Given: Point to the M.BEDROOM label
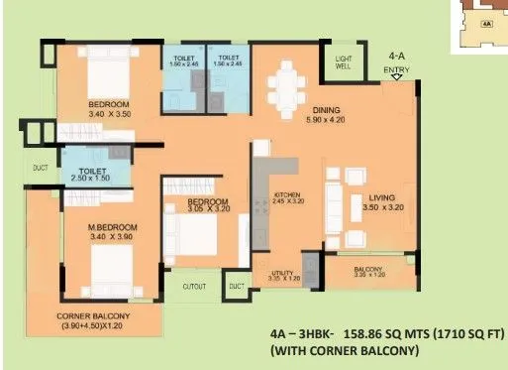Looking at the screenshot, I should pyautogui.click(x=112, y=227).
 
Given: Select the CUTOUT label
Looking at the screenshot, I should pyautogui.click(x=194, y=287).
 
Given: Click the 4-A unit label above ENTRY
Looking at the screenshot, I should pyautogui.click(x=397, y=58).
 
